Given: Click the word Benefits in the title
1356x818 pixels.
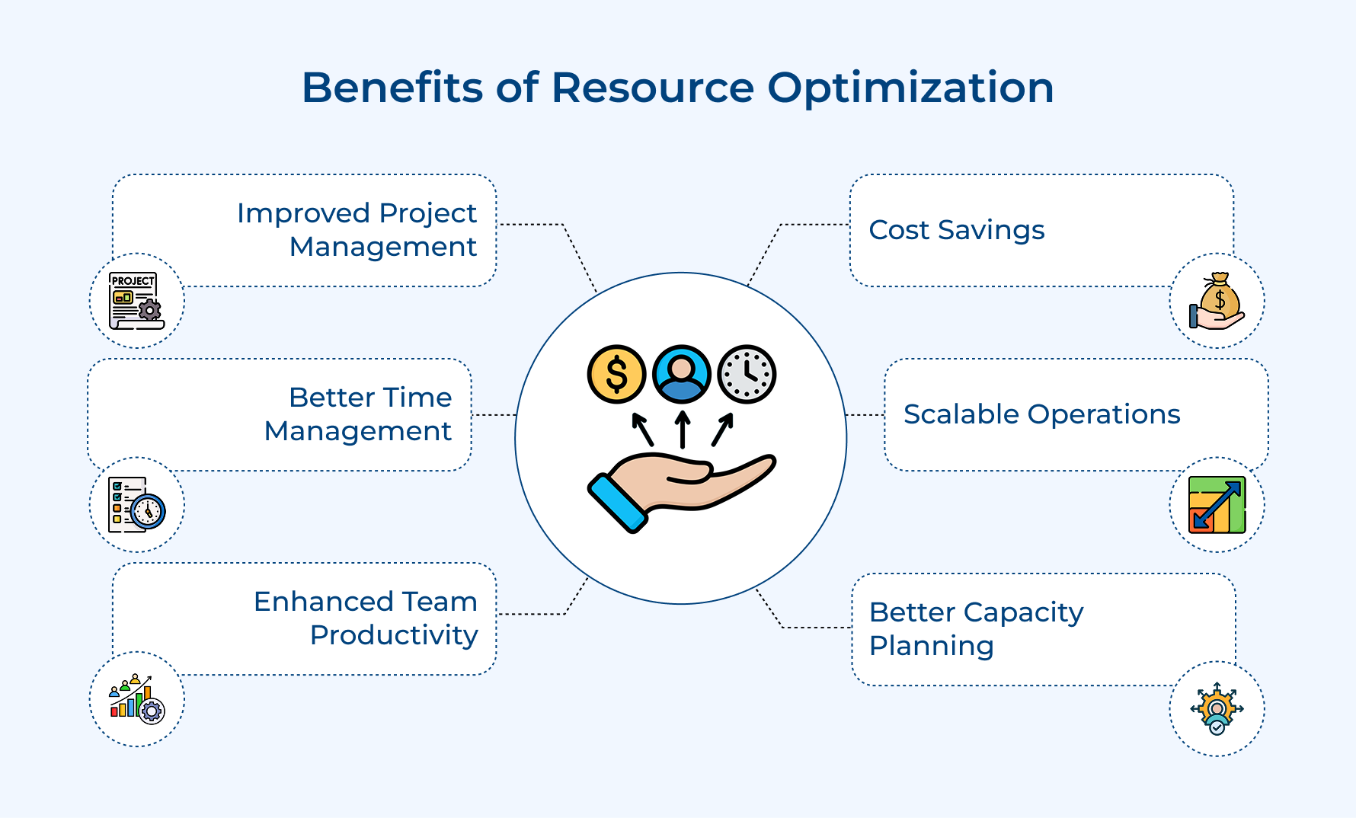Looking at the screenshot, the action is pyautogui.click(x=392, y=87).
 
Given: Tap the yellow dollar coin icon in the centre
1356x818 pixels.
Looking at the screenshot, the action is pyautogui.click(x=616, y=374).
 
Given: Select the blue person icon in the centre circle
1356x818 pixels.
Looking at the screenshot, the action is pyautogui.click(x=682, y=374).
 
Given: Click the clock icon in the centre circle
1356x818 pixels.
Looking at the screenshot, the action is pyautogui.click(x=747, y=374).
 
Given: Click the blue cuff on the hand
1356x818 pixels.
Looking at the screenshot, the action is pyautogui.click(x=618, y=503).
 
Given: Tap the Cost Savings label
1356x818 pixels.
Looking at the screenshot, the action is pyautogui.click(x=957, y=230).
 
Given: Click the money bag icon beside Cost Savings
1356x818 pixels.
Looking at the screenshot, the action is pyautogui.click(x=1217, y=301).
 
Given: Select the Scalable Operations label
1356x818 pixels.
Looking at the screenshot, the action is pyautogui.click(x=1041, y=414).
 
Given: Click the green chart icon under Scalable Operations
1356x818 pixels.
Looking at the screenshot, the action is pyautogui.click(x=1217, y=505).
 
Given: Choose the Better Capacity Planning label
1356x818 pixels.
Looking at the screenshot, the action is pyautogui.click(x=976, y=628).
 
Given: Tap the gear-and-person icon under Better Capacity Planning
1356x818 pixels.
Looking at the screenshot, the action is pyautogui.click(x=1217, y=708).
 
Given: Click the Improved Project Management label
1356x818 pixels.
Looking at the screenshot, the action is pyautogui.click(x=357, y=230).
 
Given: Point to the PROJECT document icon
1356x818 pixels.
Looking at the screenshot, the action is pyautogui.click(x=136, y=301).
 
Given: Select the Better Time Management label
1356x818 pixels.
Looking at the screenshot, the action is pyautogui.click(x=358, y=414).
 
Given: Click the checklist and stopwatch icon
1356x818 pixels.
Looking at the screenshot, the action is pyautogui.click(x=137, y=504).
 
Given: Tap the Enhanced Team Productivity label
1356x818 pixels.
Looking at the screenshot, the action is pyautogui.click(x=366, y=618).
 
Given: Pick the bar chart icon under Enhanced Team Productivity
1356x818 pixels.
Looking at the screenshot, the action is pyautogui.click(x=137, y=698).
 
